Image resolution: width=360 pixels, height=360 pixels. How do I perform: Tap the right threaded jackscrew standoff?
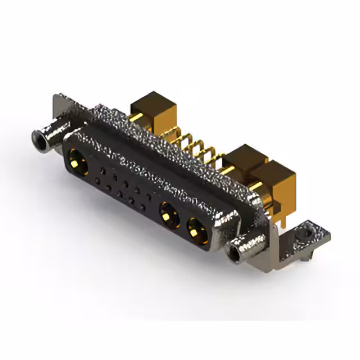(x=246, y=245)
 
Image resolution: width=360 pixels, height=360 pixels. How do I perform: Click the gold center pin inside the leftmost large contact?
(x=75, y=164)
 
